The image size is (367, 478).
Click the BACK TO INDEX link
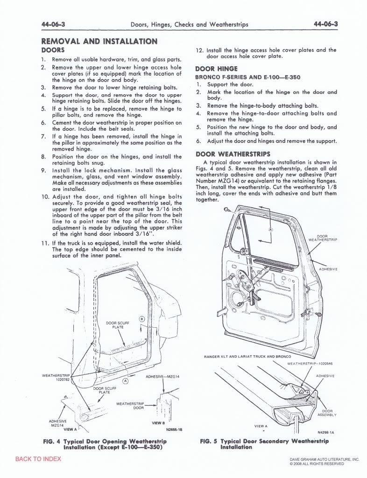[38, 459]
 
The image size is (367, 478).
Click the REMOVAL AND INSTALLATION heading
[99, 42]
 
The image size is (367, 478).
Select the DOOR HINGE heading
[217, 69]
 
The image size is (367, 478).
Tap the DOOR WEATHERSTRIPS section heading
[233, 154]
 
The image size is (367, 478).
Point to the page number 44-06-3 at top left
[53, 24]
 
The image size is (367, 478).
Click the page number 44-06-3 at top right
[325, 24]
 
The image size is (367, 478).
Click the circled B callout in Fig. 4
[141, 319]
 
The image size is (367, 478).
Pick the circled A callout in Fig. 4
[125, 381]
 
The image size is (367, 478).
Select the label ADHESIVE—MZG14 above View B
[162, 377]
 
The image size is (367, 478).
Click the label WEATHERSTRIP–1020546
[310, 363]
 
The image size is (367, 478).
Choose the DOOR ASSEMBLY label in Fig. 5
[327, 413]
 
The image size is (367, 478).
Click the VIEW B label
[158, 423]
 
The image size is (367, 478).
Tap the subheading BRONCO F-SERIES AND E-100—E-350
[248, 77]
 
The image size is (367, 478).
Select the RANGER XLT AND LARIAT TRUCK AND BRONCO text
[247, 356]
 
